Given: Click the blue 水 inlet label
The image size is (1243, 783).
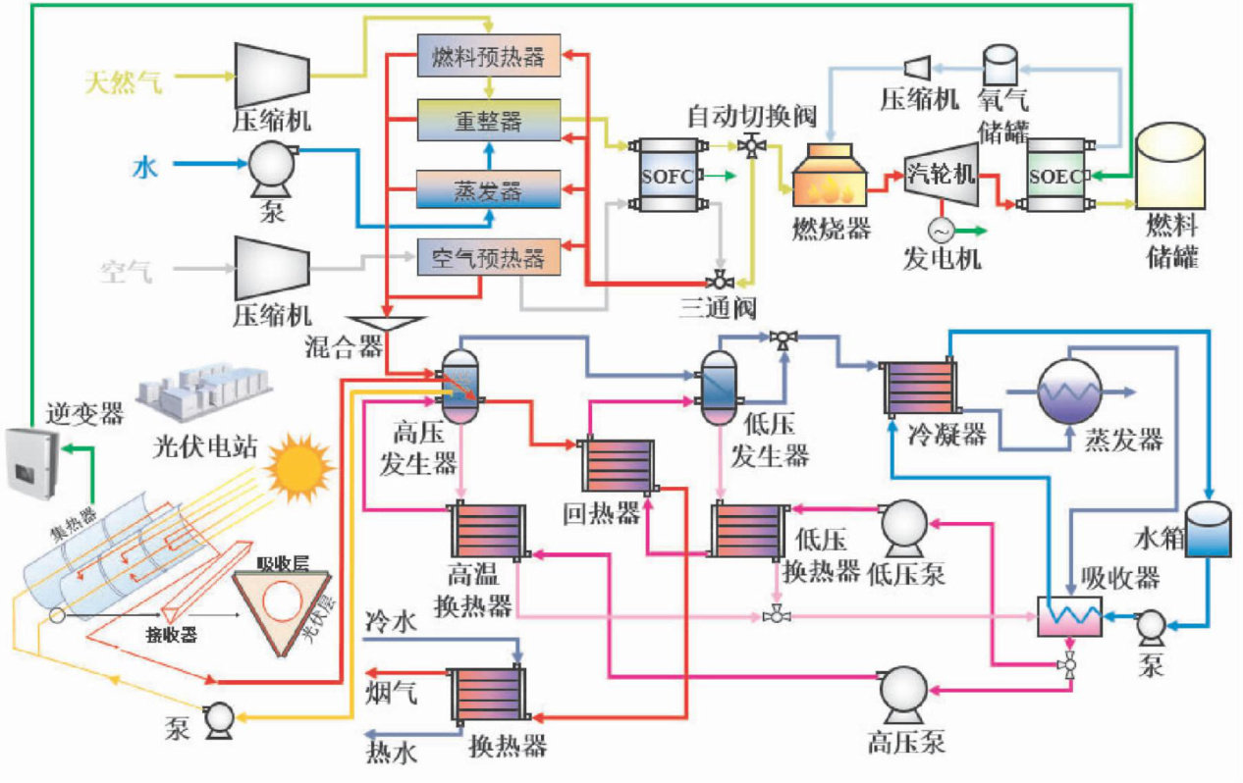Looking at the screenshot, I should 144,168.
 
